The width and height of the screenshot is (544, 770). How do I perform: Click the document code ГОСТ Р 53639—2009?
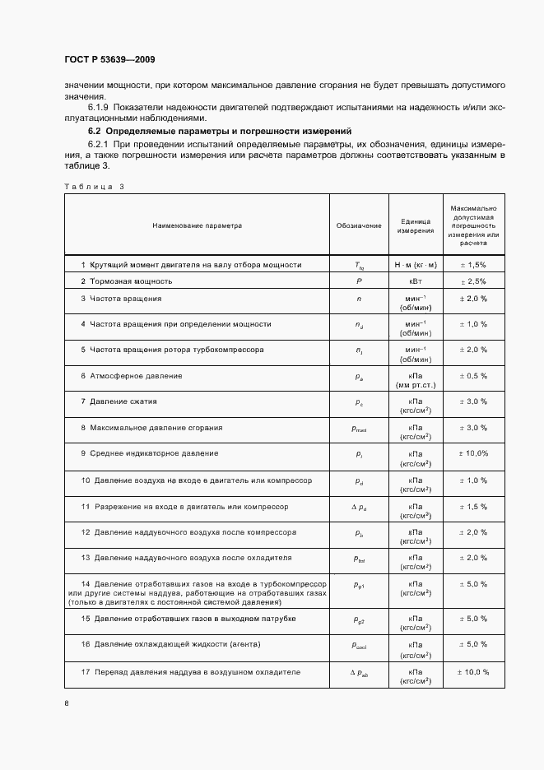109,60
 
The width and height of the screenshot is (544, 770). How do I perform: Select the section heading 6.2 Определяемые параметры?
220,131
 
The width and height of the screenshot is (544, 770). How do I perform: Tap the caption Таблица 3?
94,187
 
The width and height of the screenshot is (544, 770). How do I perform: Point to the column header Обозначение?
359,225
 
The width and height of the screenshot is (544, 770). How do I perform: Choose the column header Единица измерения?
415,226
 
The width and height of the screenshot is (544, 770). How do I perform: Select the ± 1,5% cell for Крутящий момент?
472,265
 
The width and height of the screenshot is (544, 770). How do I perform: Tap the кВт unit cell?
415,281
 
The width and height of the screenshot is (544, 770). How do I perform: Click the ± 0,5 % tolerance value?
472,376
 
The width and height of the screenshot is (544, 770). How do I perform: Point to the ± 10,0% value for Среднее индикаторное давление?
472,453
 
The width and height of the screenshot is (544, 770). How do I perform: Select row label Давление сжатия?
119,401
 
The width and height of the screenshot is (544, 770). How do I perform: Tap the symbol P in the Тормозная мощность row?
359,281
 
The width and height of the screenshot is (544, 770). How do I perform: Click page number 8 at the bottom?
67,703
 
